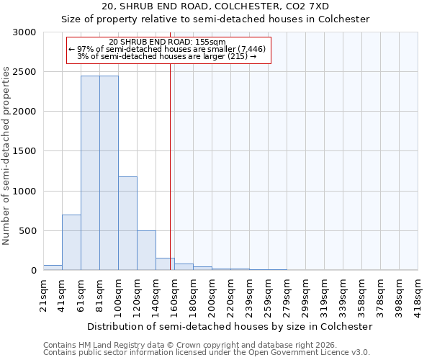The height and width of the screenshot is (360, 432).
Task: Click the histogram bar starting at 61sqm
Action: (90, 173)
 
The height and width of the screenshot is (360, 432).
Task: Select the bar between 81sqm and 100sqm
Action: (109, 173)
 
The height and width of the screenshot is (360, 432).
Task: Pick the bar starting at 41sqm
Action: (71, 243)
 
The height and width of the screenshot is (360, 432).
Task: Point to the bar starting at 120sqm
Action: (146, 251)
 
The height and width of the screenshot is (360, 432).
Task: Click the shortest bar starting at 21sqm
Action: (53, 268)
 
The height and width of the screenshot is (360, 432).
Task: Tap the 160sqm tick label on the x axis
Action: (174, 293)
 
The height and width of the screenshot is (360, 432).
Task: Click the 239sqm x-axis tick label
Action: (249, 293)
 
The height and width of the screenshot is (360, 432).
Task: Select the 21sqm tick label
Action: (43, 293)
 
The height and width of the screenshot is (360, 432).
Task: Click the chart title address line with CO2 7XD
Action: (215, 6)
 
